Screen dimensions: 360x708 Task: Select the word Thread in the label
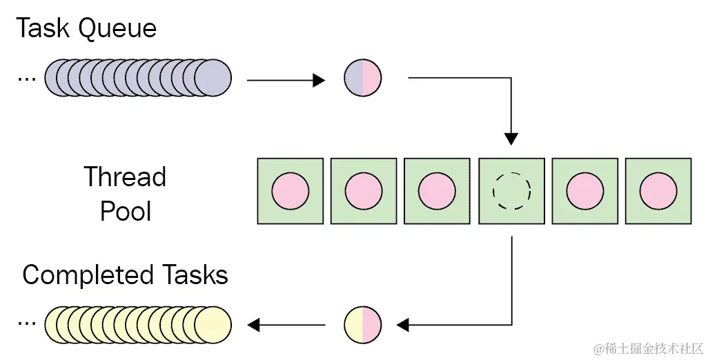[125, 177]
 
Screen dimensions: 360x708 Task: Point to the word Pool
[125, 210]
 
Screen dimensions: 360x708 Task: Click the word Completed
[87, 275]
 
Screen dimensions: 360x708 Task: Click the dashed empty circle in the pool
[511, 190]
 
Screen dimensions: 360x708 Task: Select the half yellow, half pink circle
[363, 323]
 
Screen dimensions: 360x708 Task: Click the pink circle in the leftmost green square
[291, 190]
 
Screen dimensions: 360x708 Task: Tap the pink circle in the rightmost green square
[658, 190]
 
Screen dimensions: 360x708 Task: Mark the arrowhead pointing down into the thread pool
[511, 138]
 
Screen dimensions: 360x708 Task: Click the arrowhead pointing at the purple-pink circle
[318, 81]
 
